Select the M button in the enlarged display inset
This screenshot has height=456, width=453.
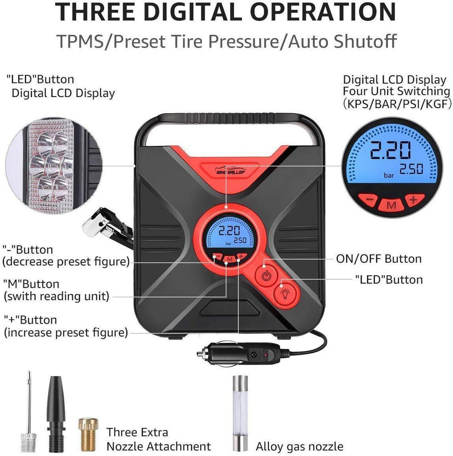pyautogui.click(x=392, y=205)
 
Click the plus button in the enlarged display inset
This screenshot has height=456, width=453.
pyautogui.click(x=414, y=200)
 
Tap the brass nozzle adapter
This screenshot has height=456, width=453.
pyautogui.click(x=88, y=435)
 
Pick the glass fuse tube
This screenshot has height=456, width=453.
pyautogui.click(x=241, y=413)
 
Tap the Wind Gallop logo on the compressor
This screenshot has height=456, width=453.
pyautogui.click(x=230, y=171)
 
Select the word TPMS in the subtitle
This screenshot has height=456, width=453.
pyautogui.click(x=80, y=41)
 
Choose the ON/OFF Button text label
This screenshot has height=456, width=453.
pyautogui.click(x=379, y=259)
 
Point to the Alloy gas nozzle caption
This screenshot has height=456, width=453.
pyautogui.click(x=299, y=446)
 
